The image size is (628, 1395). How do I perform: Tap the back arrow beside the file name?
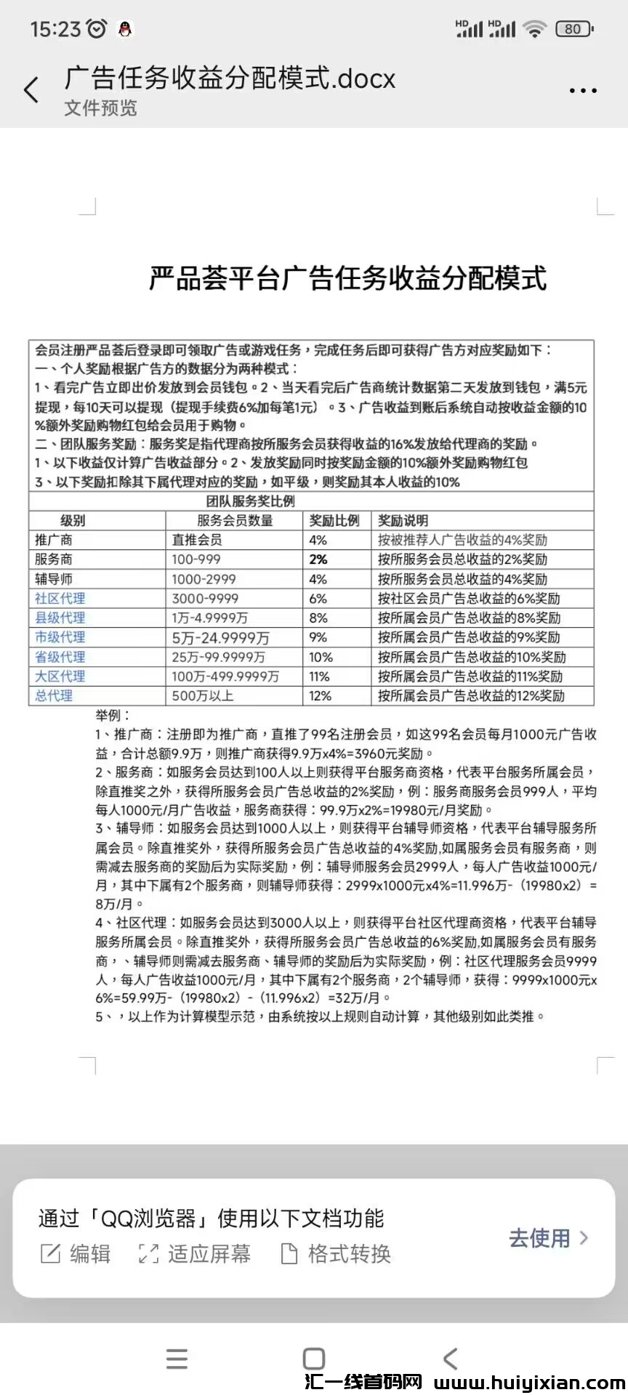point(31,91)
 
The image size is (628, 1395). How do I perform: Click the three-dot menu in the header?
point(583,91)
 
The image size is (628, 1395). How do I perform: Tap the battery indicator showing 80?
point(574,29)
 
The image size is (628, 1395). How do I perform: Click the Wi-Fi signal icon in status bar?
point(535,29)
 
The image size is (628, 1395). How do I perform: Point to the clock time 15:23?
point(55,29)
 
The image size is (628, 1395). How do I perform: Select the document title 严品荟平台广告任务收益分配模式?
point(347,278)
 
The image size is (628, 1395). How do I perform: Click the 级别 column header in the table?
point(73,520)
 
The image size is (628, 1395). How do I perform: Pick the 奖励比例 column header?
point(334,520)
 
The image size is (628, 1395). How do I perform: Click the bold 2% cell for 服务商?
point(318,559)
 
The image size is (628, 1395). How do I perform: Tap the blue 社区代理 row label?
point(60,599)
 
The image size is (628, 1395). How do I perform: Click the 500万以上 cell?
point(203,696)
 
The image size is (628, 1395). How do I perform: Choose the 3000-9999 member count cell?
point(206,599)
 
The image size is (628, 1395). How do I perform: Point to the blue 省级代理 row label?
point(60,657)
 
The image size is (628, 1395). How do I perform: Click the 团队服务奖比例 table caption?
point(251,501)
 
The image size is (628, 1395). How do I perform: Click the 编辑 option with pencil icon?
point(76,1253)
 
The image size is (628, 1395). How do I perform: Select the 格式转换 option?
point(336,1253)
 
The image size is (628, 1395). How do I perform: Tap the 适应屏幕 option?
point(195,1253)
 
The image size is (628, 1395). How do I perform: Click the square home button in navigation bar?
point(314,1359)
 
